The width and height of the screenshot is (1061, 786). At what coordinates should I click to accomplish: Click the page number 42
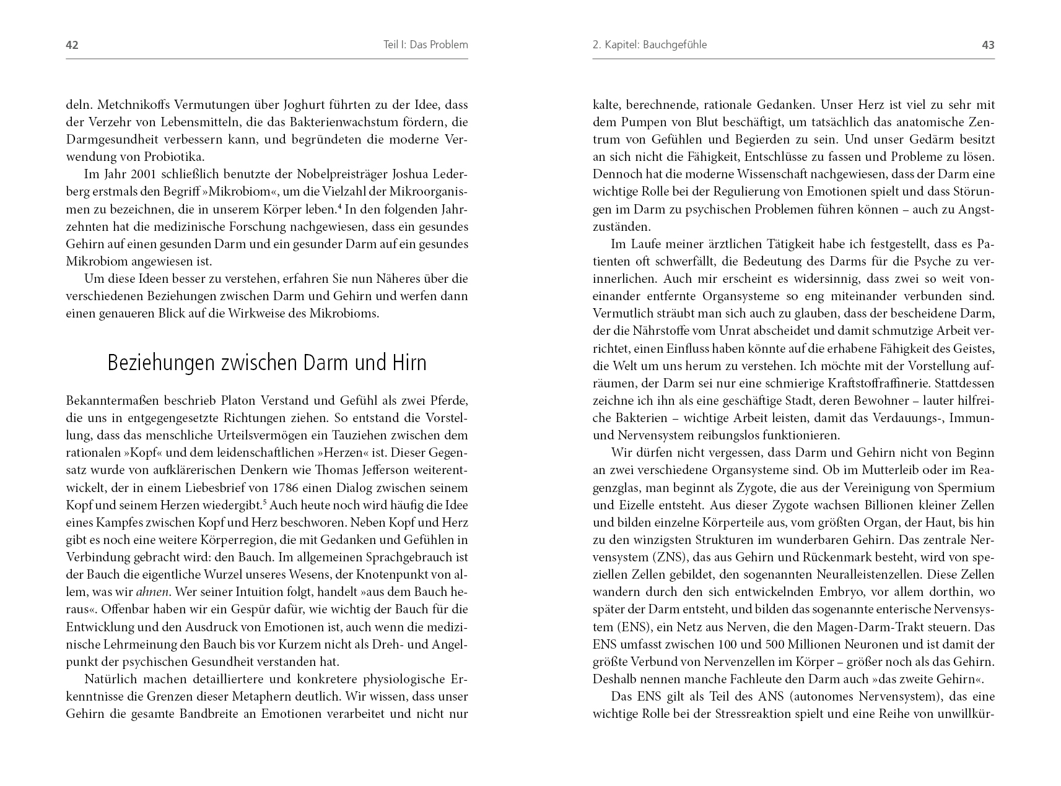[72, 45]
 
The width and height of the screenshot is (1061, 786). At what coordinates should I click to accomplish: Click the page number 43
[988, 45]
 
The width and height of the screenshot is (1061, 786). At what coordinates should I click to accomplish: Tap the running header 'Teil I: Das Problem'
[426, 45]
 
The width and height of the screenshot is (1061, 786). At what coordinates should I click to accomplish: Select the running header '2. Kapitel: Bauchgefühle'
[650, 45]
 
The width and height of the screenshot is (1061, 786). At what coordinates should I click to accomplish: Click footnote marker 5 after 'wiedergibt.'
[264, 502]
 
